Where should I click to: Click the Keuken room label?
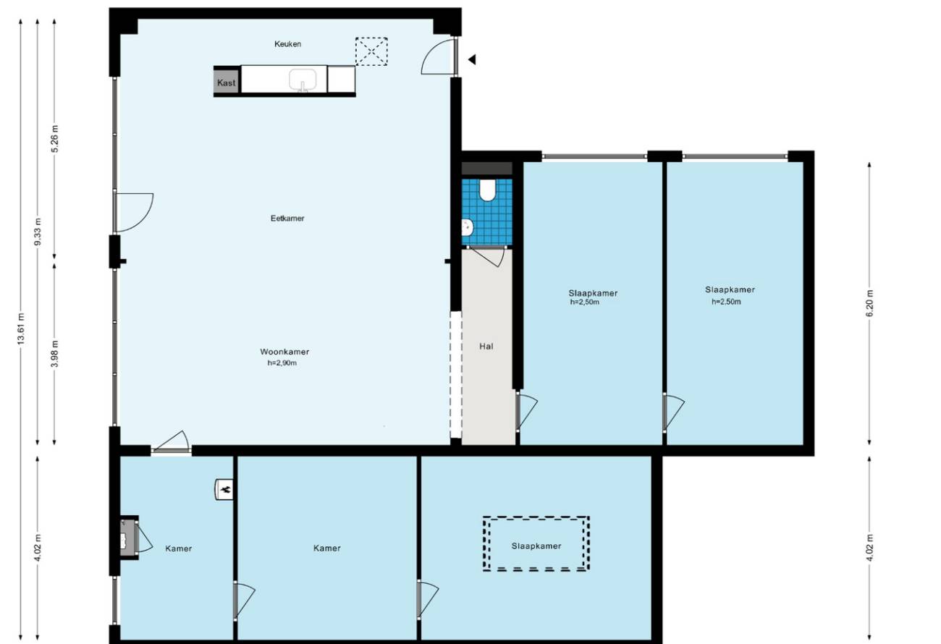[287, 43]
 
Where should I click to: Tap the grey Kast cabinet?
[227, 82]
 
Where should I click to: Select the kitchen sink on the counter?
[303, 80]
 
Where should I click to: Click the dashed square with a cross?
[371, 51]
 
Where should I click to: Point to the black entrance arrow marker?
[472, 59]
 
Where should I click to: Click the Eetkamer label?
[287, 219]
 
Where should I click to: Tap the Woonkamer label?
[284, 352]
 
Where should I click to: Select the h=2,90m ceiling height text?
[282, 363]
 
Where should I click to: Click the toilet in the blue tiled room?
[487, 190]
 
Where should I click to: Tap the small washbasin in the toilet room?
[467, 227]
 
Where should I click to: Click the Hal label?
[486, 347]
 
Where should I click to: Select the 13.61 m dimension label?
[21, 329]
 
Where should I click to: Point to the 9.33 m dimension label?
[38, 232]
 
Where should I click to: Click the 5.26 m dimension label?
[54, 139]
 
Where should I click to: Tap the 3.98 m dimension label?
[54, 353]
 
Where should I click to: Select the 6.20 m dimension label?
[869, 303]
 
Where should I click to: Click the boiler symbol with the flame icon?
[224, 489]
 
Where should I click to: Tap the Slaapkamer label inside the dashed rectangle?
[536, 546]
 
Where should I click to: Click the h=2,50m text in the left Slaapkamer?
[585, 302]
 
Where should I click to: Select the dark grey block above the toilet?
[487, 169]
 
